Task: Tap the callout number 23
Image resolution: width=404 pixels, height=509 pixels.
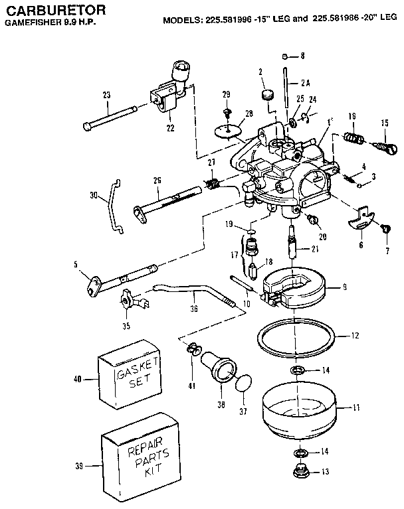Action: [x=106, y=96]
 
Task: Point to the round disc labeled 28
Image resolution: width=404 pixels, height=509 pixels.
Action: [x=228, y=130]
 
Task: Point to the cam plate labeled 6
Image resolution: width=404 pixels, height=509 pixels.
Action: [x=363, y=220]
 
